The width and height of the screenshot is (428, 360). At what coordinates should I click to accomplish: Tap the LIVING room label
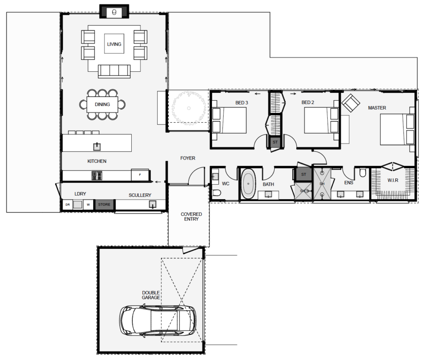pyautogui.click(x=114, y=44)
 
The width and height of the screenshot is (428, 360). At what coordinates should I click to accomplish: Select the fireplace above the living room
pyautogui.click(x=114, y=12)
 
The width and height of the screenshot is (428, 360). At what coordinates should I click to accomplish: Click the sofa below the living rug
pyautogui.click(x=114, y=71)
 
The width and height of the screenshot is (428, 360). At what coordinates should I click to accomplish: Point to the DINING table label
pyautogui.click(x=102, y=104)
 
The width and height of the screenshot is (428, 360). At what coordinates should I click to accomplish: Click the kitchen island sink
pyautogui.click(x=97, y=146)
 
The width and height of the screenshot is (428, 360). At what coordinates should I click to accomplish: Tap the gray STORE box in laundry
pyautogui.click(x=104, y=205)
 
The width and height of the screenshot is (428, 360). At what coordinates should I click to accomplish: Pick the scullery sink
pyautogui.click(x=153, y=204)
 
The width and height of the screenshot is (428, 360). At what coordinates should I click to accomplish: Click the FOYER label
pyautogui.click(x=188, y=158)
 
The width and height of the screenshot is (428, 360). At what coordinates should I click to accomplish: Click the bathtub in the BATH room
pyautogui.click(x=249, y=184)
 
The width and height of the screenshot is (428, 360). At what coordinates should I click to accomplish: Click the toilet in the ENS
pyautogui.click(x=362, y=172)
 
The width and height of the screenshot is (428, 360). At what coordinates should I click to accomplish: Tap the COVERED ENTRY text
pyautogui.click(x=191, y=216)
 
